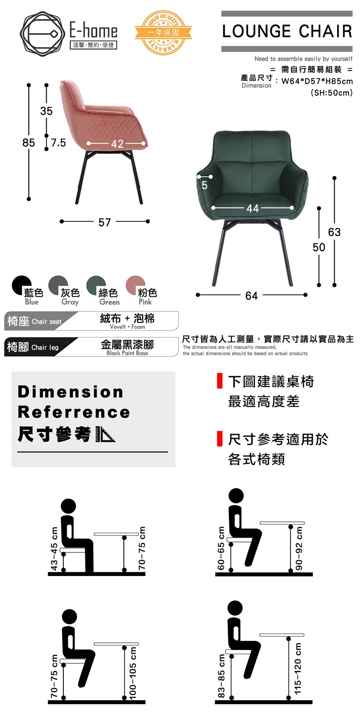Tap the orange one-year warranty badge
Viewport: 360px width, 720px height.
coord(163,33)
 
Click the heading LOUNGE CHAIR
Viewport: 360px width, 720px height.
coord(287,31)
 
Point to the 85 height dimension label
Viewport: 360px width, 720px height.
coord(29,143)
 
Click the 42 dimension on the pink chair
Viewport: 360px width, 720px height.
coord(117,144)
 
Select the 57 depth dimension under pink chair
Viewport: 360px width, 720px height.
coord(105,222)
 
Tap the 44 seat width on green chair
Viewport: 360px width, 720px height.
coord(252,208)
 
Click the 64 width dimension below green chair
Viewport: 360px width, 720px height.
coord(252,296)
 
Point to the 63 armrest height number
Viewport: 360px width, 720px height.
coord(334,232)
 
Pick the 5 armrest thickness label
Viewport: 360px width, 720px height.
coord(204,185)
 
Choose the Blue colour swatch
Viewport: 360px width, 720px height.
coord(22,285)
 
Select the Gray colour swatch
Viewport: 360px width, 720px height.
coord(58,285)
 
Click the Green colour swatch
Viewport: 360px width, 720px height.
coord(96,285)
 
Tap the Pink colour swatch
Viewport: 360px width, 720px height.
coord(135,285)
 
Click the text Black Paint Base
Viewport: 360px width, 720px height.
coord(127,353)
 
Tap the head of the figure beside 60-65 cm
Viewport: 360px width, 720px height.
coord(236,496)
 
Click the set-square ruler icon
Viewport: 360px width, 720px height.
coord(106,434)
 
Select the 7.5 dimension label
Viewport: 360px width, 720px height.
coord(58,143)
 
